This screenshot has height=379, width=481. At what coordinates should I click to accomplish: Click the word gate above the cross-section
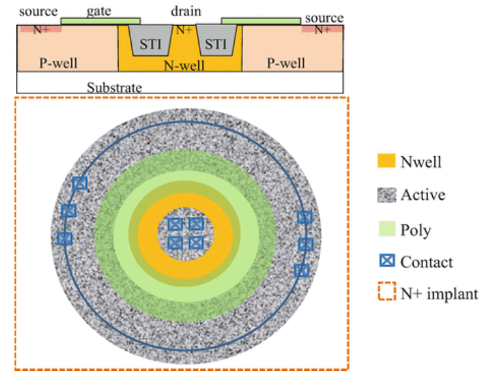coord(98,12)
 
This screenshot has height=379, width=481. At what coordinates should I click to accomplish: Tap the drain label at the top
coord(186,12)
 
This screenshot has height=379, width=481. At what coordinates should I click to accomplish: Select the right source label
coord(324,18)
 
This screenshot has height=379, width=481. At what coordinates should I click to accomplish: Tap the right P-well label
coord(285,63)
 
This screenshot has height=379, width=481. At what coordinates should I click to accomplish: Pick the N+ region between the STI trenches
coord(181,30)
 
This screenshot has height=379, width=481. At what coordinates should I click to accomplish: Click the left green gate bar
coord(100,21)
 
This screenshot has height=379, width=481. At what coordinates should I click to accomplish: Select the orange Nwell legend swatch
coord(387,161)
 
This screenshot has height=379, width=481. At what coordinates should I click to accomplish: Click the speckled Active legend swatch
coord(387,194)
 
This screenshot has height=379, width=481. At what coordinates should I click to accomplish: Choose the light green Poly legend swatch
coord(387,229)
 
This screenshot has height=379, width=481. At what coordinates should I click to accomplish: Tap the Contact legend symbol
coord(387,261)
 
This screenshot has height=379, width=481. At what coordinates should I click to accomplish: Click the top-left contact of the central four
coord(175,224)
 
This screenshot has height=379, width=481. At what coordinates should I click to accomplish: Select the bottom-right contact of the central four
coord(196,243)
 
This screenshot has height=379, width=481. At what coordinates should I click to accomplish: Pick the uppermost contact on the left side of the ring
coord(80,183)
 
